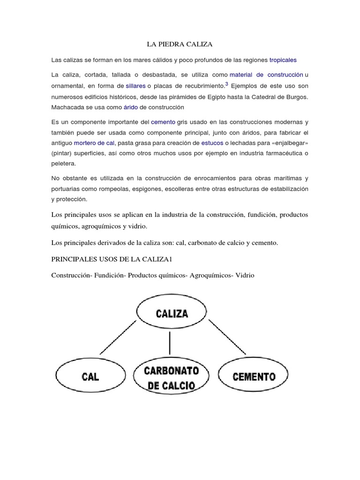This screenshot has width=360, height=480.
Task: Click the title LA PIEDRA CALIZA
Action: click(x=180, y=45)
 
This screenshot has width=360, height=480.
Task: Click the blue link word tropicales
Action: click(x=283, y=60)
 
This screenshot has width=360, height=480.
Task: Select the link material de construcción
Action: click(x=266, y=75)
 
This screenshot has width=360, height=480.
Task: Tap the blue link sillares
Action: click(x=136, y=86)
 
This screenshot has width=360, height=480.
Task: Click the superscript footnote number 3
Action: click(x=226, y=84)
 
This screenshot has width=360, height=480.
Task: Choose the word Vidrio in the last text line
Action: click(x=242, y=275)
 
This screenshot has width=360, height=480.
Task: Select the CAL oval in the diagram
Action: click(x=90, y=376)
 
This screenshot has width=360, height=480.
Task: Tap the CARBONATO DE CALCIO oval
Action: click(x=171, y=377)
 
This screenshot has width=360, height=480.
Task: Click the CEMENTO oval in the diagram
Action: click(x=254, y=376)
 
